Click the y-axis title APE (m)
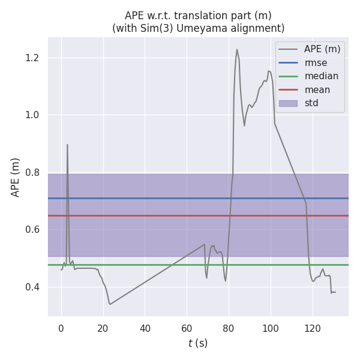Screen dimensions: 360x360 [16, 177]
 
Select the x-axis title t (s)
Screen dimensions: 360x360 [198, 343]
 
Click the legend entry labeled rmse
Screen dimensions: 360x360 [316, 62]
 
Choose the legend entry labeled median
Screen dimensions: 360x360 [321, 76]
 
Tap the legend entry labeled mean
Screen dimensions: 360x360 [317, 90]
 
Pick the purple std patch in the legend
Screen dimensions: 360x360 [288, 103]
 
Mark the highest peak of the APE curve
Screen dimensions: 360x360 [237, 49]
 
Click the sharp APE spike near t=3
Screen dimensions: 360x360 [67, 145]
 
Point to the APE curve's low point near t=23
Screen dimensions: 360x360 [110, 304]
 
